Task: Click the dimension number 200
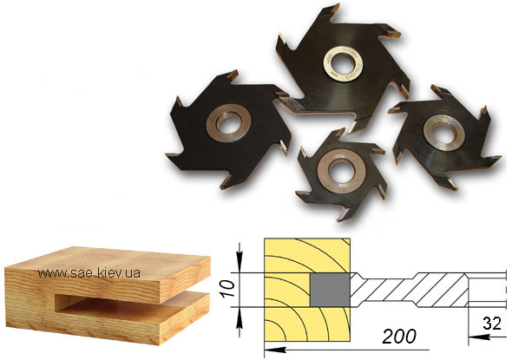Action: (x=399, y=336)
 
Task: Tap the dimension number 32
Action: (x=492, y=324)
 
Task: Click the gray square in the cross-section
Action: (x=330, y=290)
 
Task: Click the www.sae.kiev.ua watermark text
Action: (x=89, y=273)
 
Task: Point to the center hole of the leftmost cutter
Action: (x=228, y=122)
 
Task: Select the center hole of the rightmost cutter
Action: (x=443, y=133)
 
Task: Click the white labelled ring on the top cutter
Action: (x=343, y=51)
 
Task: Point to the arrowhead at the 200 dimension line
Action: (x=275, y=350)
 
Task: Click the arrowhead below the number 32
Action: (x=479, y=337)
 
